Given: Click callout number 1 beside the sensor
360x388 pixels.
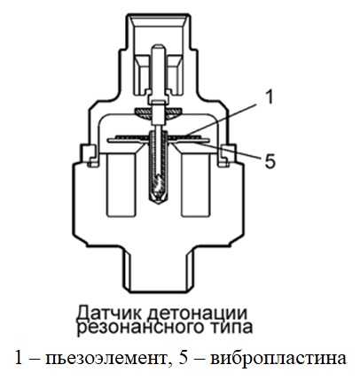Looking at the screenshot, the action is pyautogui.click(x=268, y=97).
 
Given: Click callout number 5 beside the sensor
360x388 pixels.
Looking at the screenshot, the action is pyautogui.click(x=270, y=161).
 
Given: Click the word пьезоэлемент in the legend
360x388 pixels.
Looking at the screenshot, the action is pyautogui.click(x=105, y=359).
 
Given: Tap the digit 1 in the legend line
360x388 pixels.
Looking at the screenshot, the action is pyautogui.click(x=19, y=359).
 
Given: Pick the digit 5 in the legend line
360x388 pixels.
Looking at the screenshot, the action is pyautogui.click(x=184, y=359).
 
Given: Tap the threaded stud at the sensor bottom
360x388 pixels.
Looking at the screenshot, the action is pyautogui.click(x=158, y=268).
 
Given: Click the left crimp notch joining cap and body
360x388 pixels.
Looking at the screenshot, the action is pyautogui.click(x=89, y=156).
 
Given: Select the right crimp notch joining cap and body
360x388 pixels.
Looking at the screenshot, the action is pyautogui.click(x=227, y=156).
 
